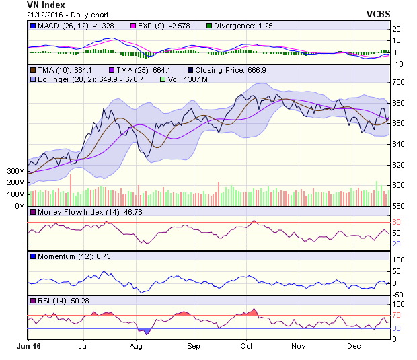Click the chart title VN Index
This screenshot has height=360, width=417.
(46, 5)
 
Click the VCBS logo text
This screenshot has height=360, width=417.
(378, 14)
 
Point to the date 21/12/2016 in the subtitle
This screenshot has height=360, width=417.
(44, 15)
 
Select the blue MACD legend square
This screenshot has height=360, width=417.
(33, 26)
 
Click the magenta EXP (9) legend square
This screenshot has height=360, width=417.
(133, 26)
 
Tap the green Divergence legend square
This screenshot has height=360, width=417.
(209, 26)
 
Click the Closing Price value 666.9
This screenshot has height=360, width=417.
(257, 70)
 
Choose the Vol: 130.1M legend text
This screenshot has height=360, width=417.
(188, 79)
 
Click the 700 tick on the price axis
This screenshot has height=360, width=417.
(398, 82)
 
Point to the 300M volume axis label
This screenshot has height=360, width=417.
(15, 171)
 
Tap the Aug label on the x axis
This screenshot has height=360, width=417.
(136, 346)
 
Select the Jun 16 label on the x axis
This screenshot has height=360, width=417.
(28, 346)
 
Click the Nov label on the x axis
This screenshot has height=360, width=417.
(299, 346)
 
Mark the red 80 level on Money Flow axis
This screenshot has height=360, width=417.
(396, 222)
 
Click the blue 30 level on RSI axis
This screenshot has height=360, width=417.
(396, 328)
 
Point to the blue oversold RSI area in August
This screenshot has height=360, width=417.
(145, 331)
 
